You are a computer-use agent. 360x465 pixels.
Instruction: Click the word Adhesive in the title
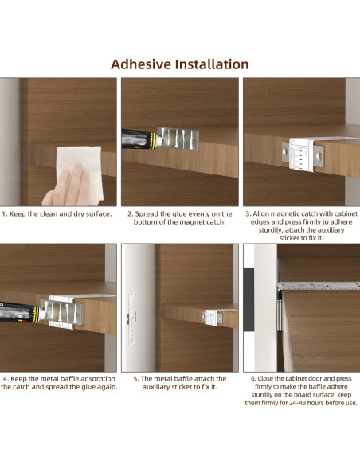[141, 64]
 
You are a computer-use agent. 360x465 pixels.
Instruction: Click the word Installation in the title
[212, 64]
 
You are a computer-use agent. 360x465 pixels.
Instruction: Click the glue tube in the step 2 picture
[139, 139]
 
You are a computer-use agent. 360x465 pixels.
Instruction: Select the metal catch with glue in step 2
[178, 139]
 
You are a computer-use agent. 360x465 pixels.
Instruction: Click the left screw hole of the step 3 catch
[286, 151]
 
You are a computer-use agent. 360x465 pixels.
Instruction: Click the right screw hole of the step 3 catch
[319, 155]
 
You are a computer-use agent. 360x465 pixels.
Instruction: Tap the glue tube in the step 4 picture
[20, 313]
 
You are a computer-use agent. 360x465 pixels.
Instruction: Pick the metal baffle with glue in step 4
[62, 312]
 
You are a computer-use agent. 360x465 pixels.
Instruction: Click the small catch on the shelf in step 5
[213, 318]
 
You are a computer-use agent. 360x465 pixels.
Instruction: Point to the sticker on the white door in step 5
[131, 319]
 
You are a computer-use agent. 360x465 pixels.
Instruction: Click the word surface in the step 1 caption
[99, 214]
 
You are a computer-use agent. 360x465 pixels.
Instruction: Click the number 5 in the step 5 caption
[135, 379]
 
